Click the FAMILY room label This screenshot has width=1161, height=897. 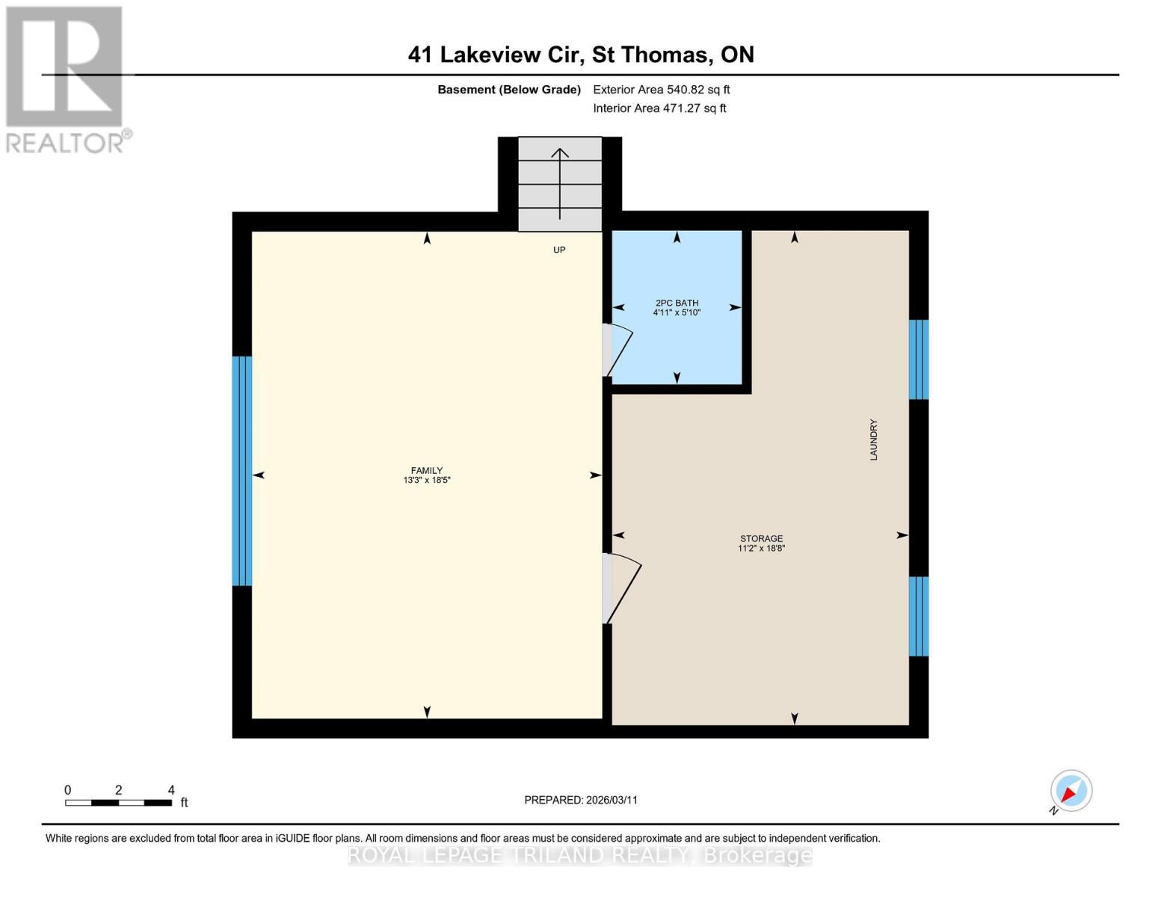[426, 470]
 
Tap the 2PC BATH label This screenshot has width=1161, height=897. [677, 303]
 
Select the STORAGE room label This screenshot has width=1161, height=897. [761, 538]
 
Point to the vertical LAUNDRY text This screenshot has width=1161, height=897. [873, 440]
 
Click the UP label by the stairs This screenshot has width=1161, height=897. [559, 250]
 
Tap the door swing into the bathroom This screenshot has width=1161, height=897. [618, 351]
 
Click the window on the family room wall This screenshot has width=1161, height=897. [242, 471]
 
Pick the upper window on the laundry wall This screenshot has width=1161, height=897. [919, 360]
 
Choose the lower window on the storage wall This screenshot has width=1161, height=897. [919, 616]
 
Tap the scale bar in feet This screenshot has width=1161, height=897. [119, 802]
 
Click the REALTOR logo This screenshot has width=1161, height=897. [66, 78]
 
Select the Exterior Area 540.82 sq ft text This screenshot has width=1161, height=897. [661, 90]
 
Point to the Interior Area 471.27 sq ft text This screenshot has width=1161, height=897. [659, 108]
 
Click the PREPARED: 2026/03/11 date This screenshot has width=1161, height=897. [581, 800]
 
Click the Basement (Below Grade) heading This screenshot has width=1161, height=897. [508, 90]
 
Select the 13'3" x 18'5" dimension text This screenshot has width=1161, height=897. [426, 481]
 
